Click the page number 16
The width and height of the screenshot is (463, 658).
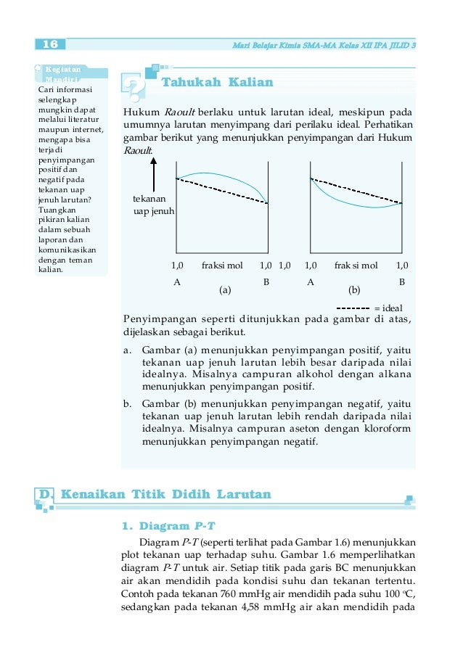click(x=50, y=45)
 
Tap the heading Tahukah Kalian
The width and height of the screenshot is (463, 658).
click(x=217, y=82)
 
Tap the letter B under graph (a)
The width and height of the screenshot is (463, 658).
click(x=266, y=281)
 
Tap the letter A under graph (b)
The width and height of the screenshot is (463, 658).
click(x=311, y=281)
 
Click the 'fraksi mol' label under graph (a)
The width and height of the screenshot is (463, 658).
click(x=222, y=266)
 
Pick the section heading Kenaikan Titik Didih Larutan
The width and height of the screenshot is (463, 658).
click(x=166, y=495)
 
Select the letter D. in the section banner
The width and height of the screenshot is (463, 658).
click(x=46, y=495)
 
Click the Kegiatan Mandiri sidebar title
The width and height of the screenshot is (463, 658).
click(x=64, y=74)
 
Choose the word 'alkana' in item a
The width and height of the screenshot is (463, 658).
click(x=395, y=374)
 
